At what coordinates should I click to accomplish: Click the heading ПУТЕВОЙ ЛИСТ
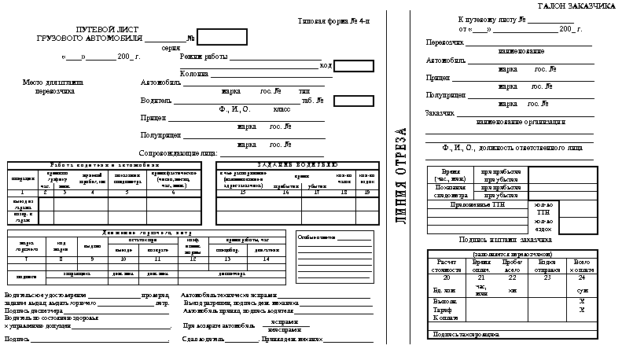[98, 28]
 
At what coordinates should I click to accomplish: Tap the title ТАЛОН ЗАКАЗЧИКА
[576, 6]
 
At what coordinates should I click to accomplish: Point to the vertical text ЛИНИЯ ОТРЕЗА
[400, 175]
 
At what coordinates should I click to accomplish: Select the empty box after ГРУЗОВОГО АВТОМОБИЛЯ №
[221, 37]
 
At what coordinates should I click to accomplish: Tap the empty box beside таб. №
[352, 101]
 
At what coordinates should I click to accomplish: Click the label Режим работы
[203, 57]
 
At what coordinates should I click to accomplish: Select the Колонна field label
[194, 74]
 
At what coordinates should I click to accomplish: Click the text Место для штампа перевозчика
[53, 86]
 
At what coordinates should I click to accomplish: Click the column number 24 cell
[581, 277]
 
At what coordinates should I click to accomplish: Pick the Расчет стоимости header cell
[447, 264]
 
